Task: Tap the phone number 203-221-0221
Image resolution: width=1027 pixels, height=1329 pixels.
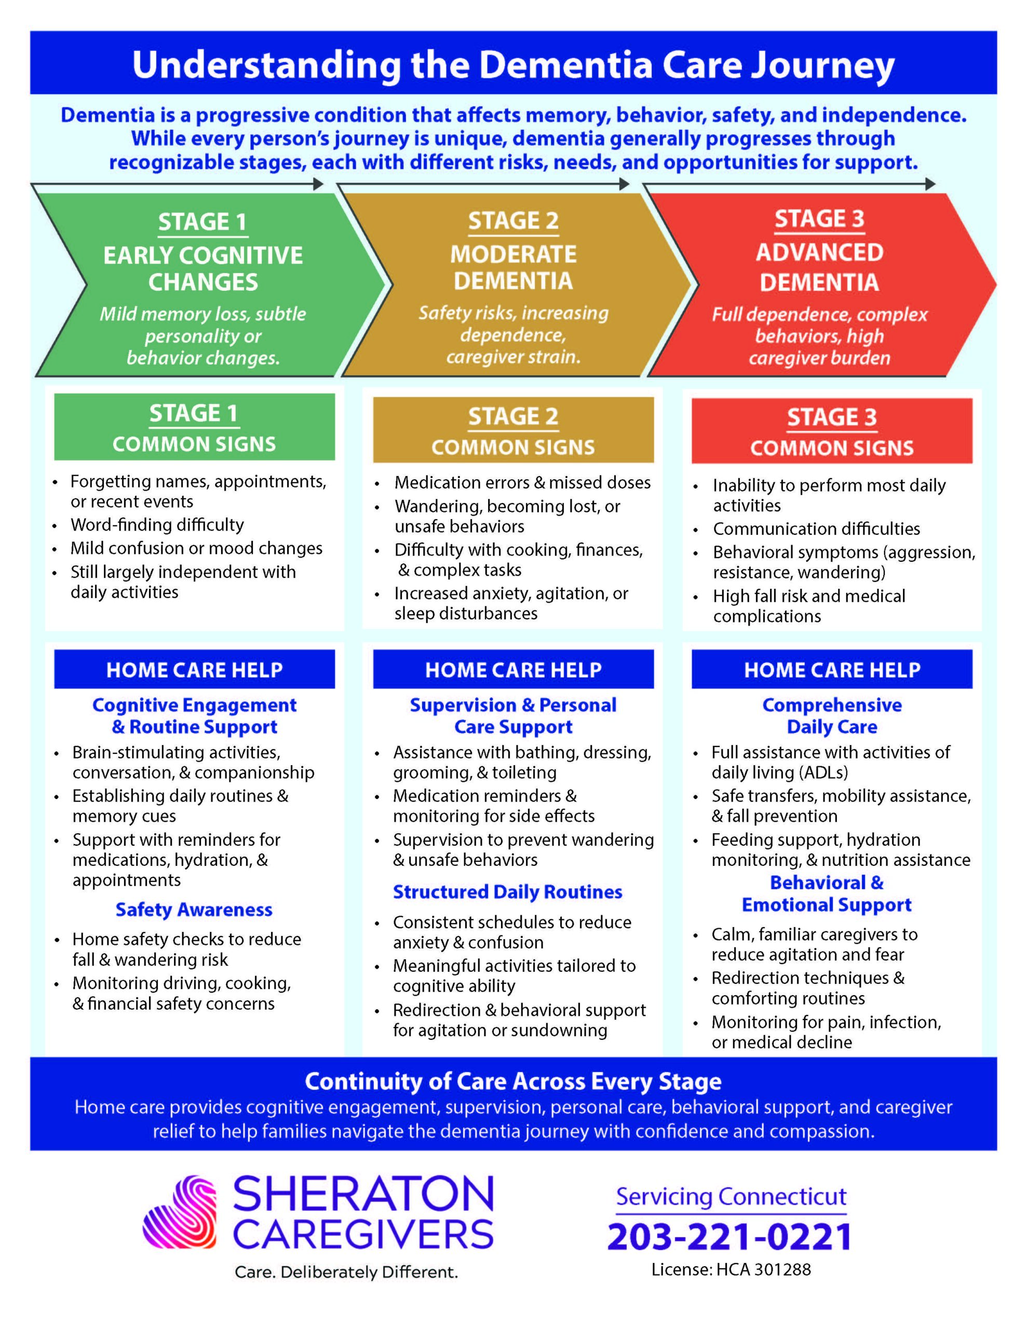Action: coord(729,1237)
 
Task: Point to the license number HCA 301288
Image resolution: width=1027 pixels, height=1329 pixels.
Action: coord(731,1269)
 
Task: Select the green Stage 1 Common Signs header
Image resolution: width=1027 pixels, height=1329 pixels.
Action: coord(194,427)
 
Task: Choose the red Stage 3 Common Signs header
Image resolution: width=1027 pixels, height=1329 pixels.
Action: coord(832,431)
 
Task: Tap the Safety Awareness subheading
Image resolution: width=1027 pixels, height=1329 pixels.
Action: coord(194,910)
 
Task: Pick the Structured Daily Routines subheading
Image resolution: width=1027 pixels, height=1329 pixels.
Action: coord(507,892)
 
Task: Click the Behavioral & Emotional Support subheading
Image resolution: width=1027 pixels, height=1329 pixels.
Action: coord(826,894)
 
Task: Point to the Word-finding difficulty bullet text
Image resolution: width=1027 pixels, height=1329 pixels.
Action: coord(157,524)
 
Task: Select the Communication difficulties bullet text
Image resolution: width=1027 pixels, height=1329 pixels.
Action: coord(816,529)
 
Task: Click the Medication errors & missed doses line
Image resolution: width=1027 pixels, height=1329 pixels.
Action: coord(522,483)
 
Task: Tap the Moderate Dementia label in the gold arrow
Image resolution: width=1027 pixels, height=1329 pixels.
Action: coord(513,267)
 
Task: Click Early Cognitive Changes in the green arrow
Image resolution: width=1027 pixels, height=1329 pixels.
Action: coord(202,268)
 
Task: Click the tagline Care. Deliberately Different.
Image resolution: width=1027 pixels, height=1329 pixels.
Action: coord(346,1272)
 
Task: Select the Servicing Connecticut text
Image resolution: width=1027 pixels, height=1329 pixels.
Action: coord(731,1196)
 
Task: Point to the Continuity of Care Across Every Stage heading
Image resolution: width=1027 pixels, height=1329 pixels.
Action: coord(512,1081)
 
